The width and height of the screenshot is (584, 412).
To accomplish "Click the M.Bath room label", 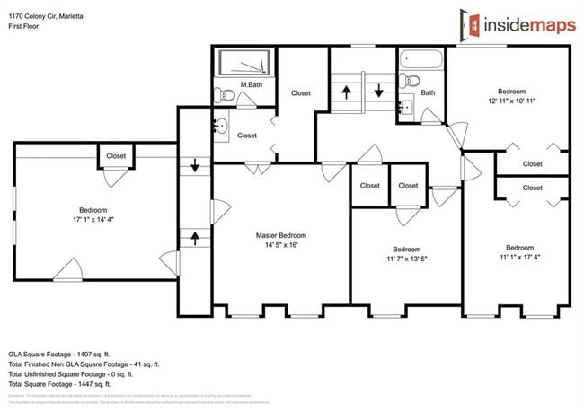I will tap(251, 85).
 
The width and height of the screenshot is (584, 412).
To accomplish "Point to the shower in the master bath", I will tap(244, 62).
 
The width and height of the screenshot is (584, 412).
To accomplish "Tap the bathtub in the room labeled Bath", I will tap(421, 61).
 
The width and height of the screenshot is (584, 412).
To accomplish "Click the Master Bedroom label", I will tap(280, 234).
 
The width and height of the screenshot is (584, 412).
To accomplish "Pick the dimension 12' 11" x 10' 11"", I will tap(512, 101).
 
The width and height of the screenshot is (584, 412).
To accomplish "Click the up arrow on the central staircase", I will tap(345, 91).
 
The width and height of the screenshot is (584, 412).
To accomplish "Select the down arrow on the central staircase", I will tap(378, 91).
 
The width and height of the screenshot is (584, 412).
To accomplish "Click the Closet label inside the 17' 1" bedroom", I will tap(116, 155).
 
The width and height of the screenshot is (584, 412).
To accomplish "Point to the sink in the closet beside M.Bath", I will tap(221, 127).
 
